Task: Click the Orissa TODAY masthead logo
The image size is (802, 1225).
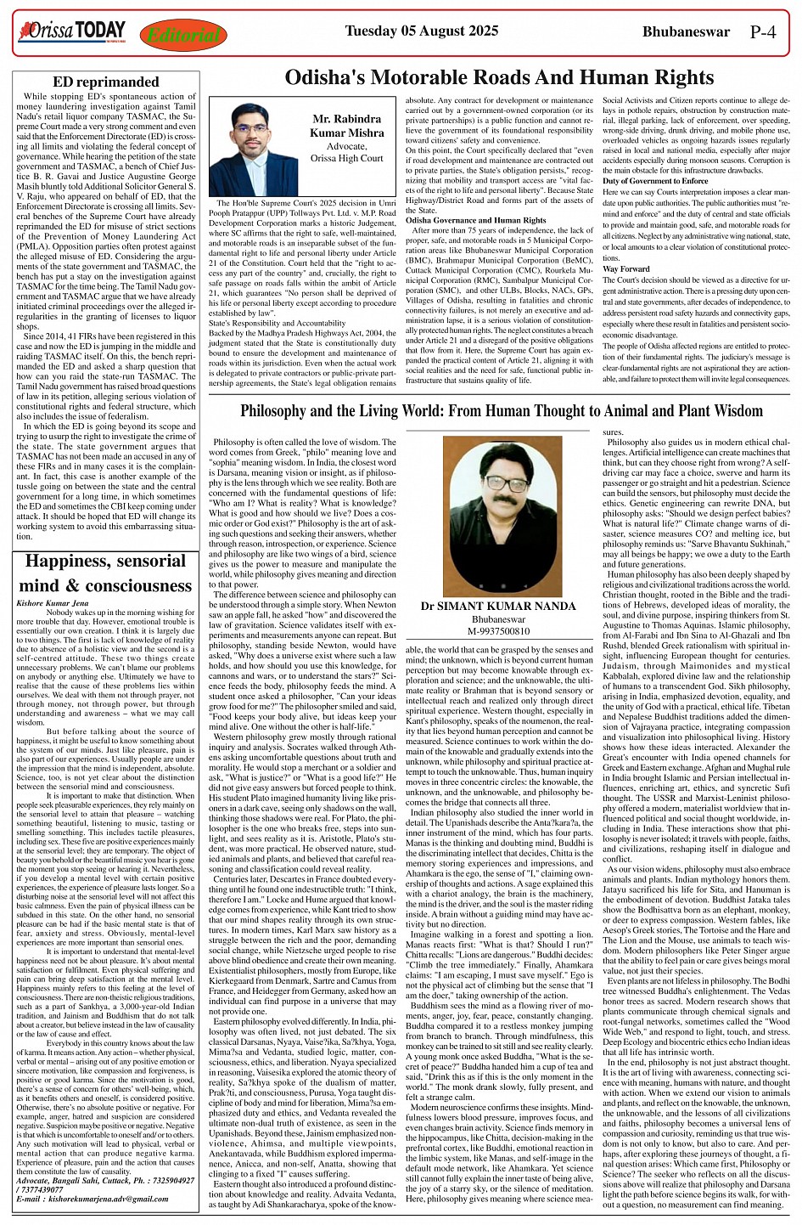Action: click(71, 32)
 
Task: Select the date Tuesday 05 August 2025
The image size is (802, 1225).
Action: click(421, 31)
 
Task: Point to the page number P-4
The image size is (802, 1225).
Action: click(763, 32)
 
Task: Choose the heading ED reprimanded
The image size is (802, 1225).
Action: click(105, 82)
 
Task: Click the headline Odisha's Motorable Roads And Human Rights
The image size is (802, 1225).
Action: click(499, 78)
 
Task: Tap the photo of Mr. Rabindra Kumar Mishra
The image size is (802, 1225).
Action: click(253, 150)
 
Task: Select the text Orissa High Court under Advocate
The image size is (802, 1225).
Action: click(346, 158)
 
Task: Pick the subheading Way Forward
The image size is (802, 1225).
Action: click(620, 268)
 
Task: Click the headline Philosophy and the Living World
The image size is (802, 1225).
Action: click(501, 412)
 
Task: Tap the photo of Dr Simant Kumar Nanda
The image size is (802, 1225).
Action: click(497, 517)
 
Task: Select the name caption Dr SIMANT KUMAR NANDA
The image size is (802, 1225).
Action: click(497, 607)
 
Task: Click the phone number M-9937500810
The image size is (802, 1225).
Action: click(497, 631)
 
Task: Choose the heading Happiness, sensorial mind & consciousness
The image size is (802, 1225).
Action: click(105, 573)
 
